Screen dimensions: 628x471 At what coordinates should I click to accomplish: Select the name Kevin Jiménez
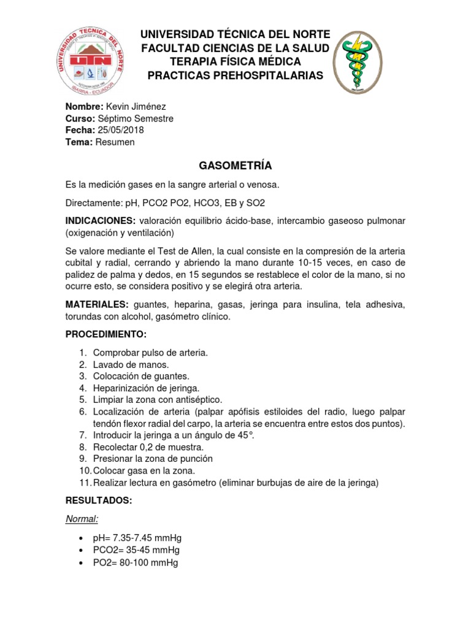[x=136, y=107]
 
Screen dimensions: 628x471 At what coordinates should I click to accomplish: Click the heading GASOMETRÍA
[x=235, y=166]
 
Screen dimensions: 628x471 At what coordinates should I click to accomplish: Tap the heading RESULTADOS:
[x=98, y=501]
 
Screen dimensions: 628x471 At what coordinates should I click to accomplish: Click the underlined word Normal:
[x=82, y=519]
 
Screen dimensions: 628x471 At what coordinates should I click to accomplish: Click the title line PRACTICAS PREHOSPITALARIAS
[x=235, y=75]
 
